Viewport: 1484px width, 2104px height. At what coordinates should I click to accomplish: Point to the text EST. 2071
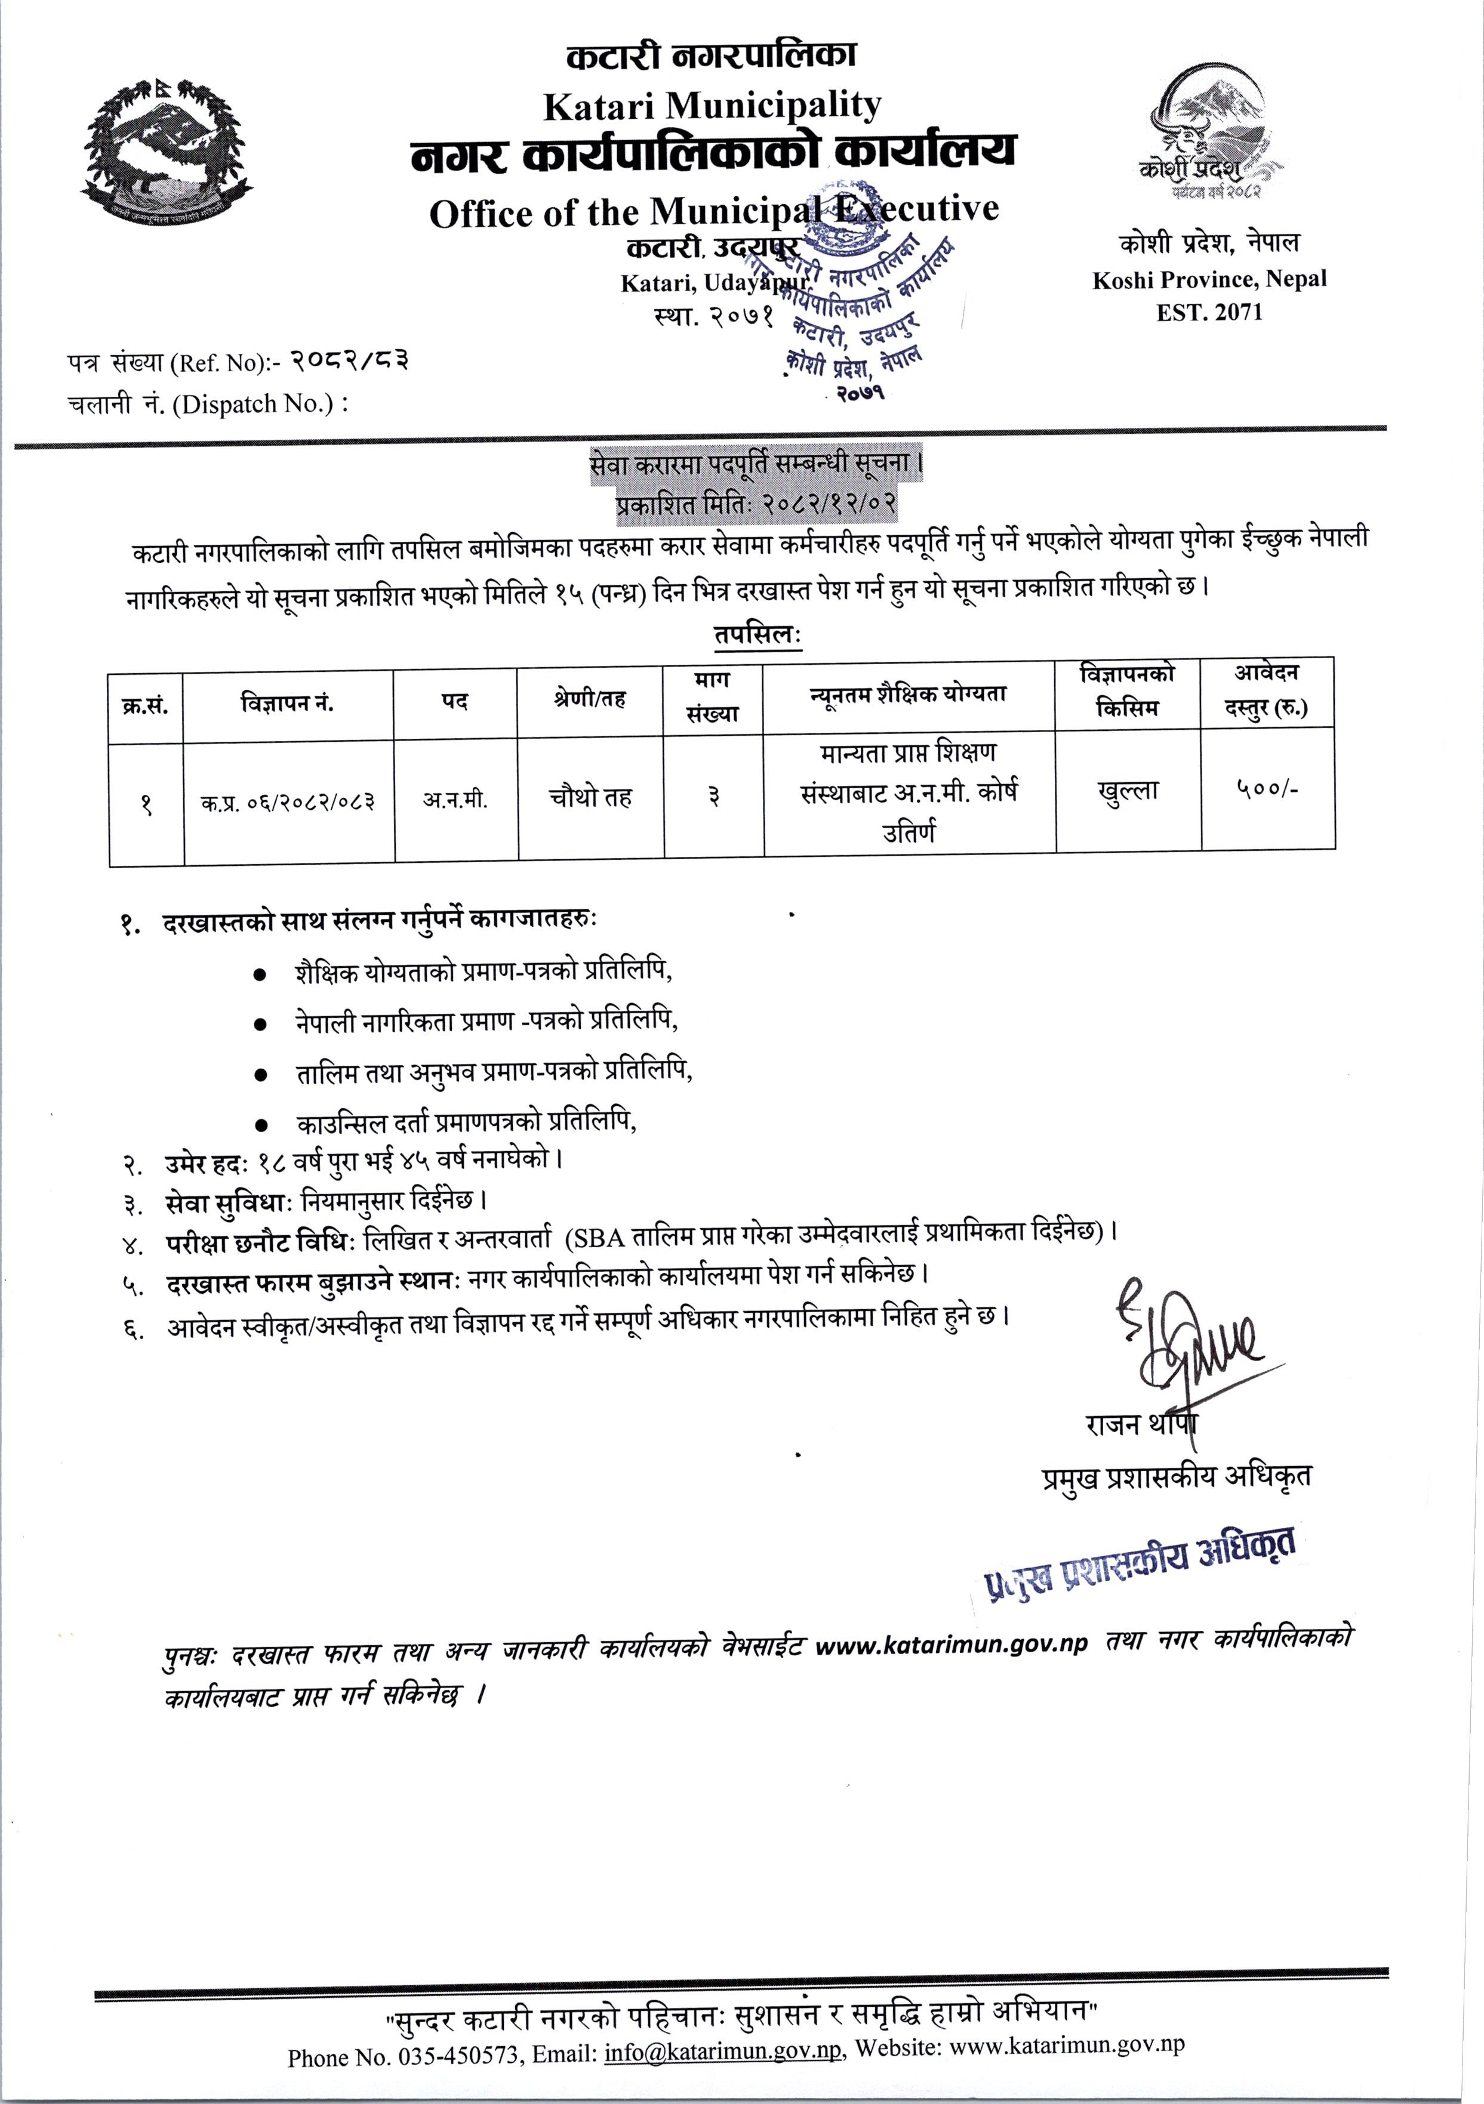point(1209,313)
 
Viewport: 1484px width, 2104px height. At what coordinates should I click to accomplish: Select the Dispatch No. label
point(208,404)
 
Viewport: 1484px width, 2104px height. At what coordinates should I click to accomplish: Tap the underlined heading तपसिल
point(756,634)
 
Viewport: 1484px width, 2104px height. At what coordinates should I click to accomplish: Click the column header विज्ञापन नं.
point(287,704)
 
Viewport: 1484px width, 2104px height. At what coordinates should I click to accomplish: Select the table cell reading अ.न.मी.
point(455,800)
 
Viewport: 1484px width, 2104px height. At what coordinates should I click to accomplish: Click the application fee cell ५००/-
point(1267,789)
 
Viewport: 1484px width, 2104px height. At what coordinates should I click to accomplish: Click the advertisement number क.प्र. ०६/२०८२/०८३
point(288,803)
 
